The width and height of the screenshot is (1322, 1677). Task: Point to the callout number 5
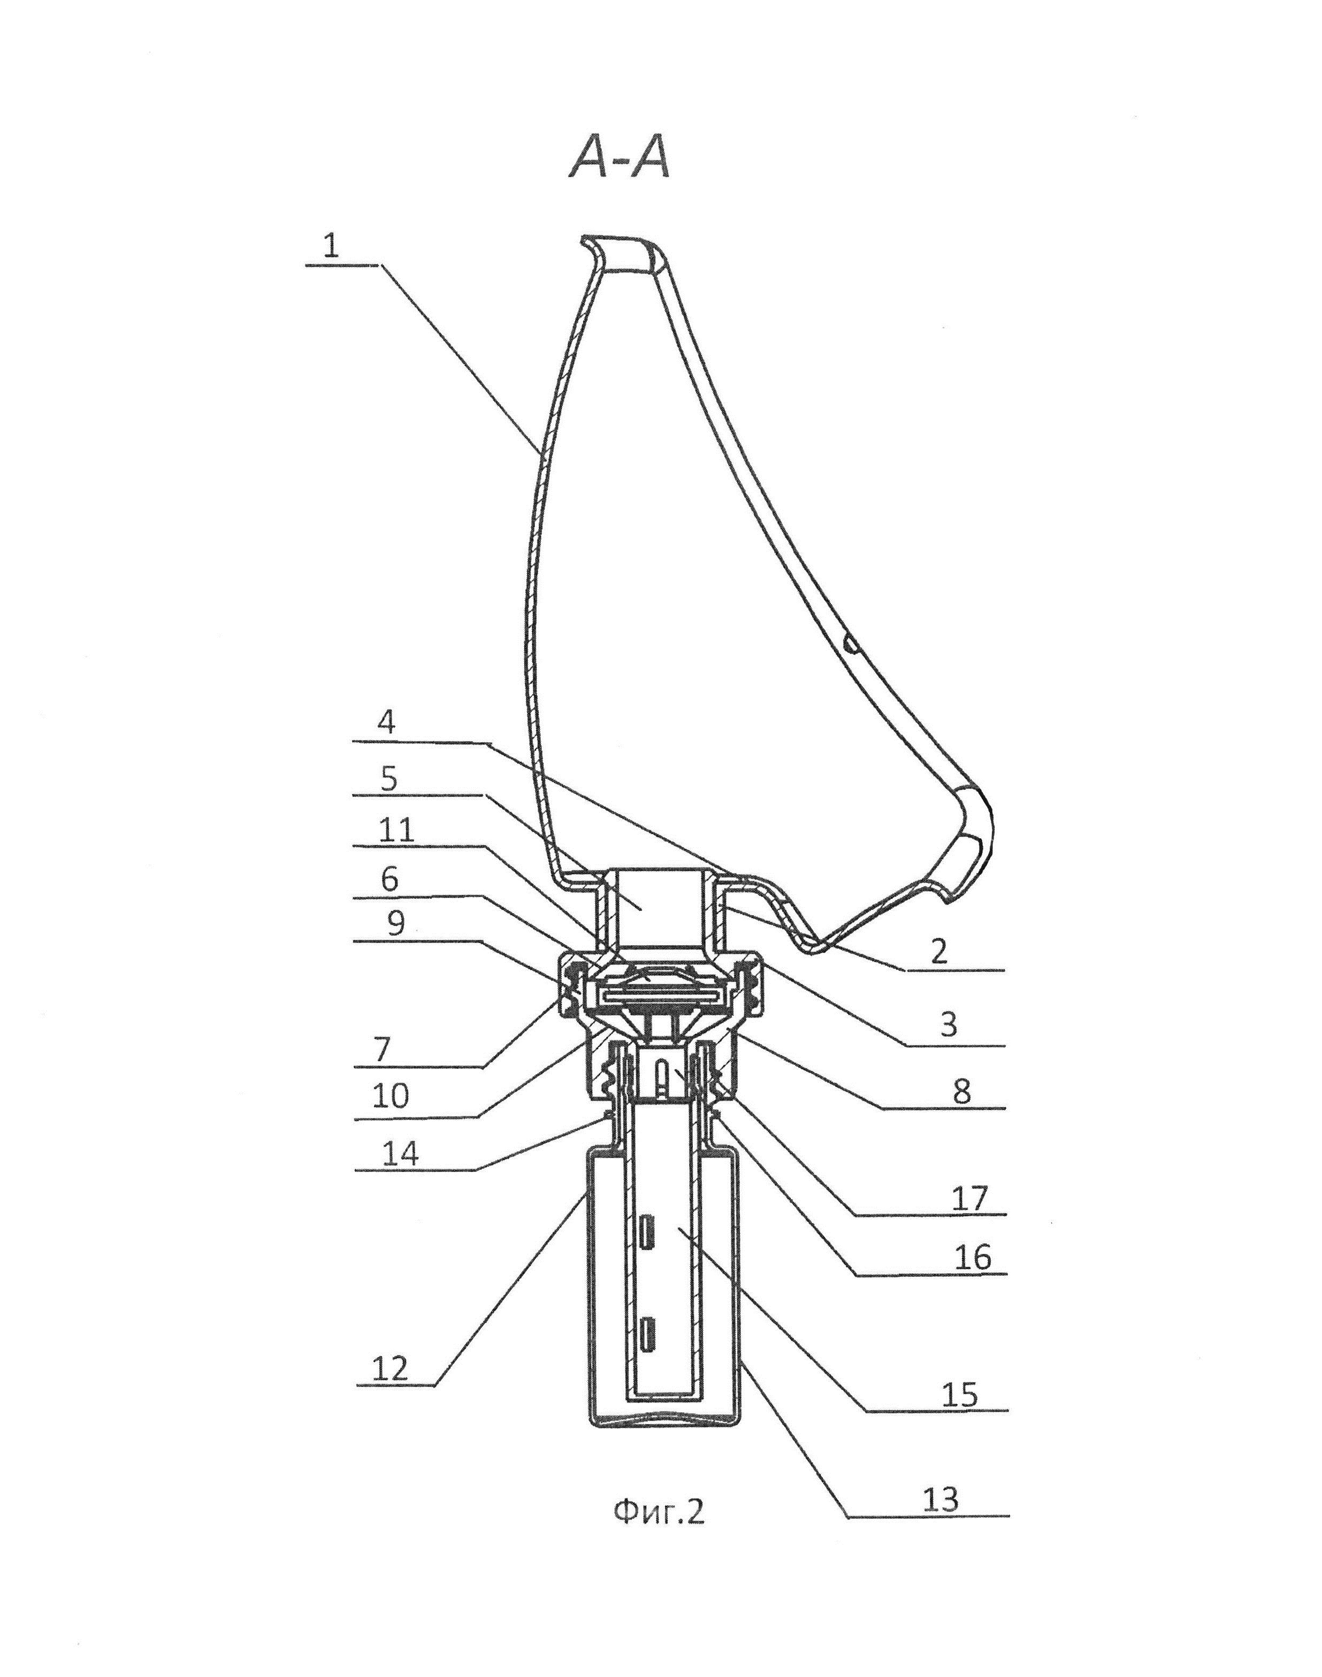[388, 778]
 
